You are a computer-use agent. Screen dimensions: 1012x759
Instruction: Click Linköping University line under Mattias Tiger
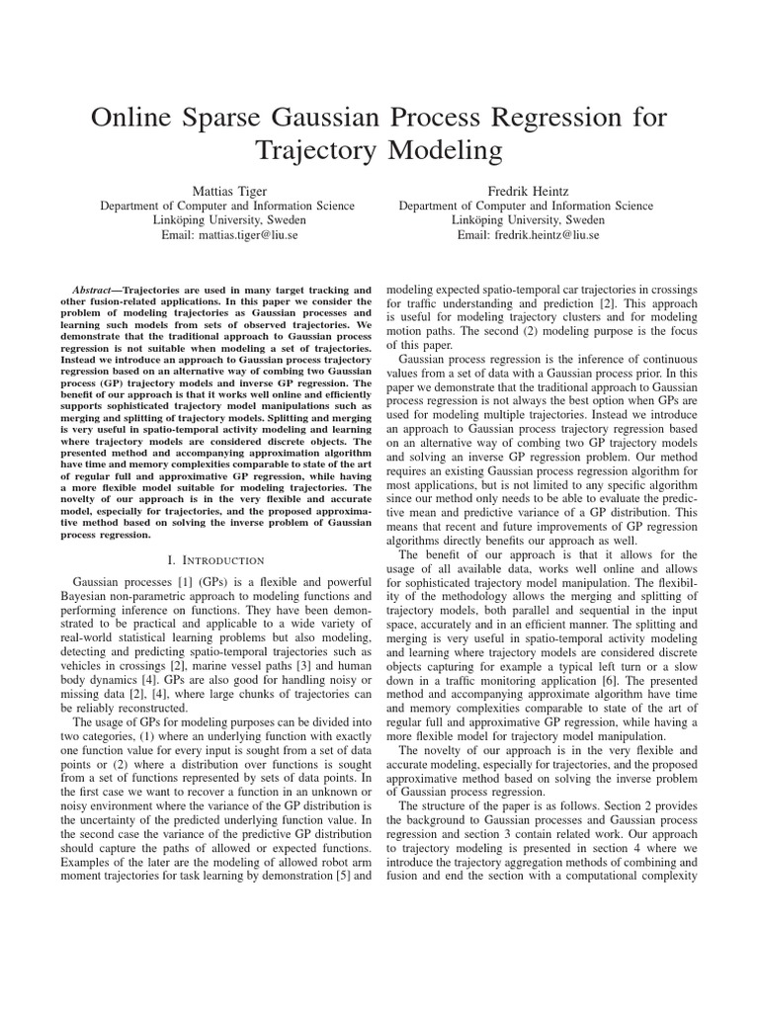click(x=230, y=220)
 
